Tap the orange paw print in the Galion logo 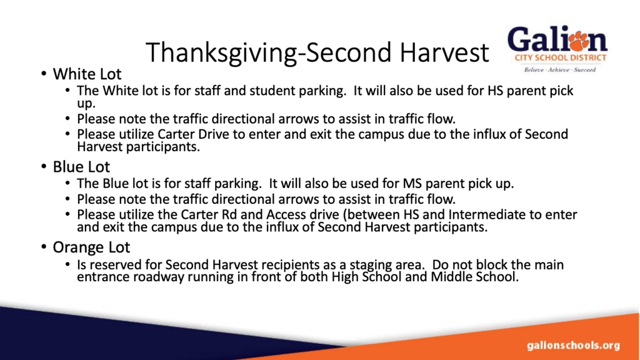(x=579, y=40)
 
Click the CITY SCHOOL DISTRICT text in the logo (x=561, y=57)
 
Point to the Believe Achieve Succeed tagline (x=560, y=70)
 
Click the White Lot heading (x=87, y=74)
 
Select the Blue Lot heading (x=81, y=167)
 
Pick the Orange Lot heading (x=91, y=247)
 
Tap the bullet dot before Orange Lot (x=44, y=247)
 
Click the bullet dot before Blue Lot (x=44, y=166)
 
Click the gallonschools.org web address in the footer (x=573, y=346)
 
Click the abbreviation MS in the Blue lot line (x=412, y=184)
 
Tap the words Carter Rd (x=209, y=215)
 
